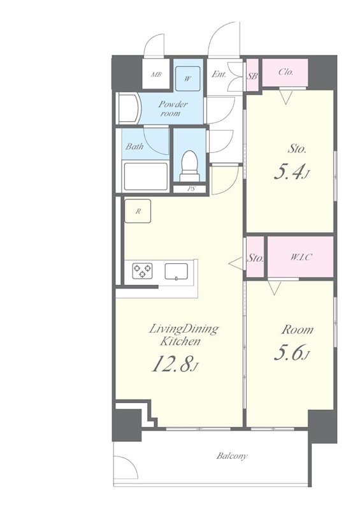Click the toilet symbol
[x=191, y=166]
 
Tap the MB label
[x=156, y=75]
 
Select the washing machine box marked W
[x=187, y=78]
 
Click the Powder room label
[x=173, y=108]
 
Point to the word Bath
[x=134, y=147]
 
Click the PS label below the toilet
[x=192, y=189]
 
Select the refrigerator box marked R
[x=138, y=211]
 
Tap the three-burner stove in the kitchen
[x=143, y=270]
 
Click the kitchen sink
[x=176, y=272]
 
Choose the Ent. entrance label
[x=219, y=74]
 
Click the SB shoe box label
[x=253, y=76]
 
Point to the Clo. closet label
[x=286, y=72]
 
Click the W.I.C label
[x=301, y=258]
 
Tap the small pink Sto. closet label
[x=256, y=259]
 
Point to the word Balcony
[x=232, y=456]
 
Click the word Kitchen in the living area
[x=180, y=342]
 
